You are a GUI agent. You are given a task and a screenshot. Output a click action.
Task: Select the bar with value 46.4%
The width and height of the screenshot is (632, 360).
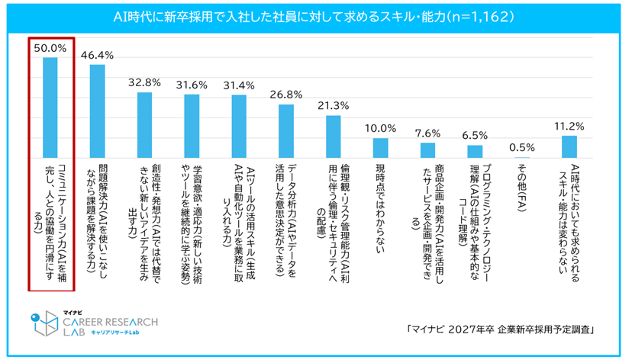click(x=97, y=110)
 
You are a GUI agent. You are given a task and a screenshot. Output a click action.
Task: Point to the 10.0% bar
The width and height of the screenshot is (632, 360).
click(x=380, y=147)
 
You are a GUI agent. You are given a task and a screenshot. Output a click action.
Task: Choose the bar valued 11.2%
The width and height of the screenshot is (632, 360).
click(x=569, y=146)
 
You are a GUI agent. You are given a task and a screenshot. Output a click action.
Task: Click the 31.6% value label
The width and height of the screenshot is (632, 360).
click(x=192, y=84)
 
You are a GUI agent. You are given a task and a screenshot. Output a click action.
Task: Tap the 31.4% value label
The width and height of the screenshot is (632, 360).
click(x=239, y=85)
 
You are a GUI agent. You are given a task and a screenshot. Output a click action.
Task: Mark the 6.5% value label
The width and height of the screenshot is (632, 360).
click(x=475, y=134)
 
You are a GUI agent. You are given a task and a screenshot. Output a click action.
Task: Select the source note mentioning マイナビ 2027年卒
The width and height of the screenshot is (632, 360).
click(x=501, y=329)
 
